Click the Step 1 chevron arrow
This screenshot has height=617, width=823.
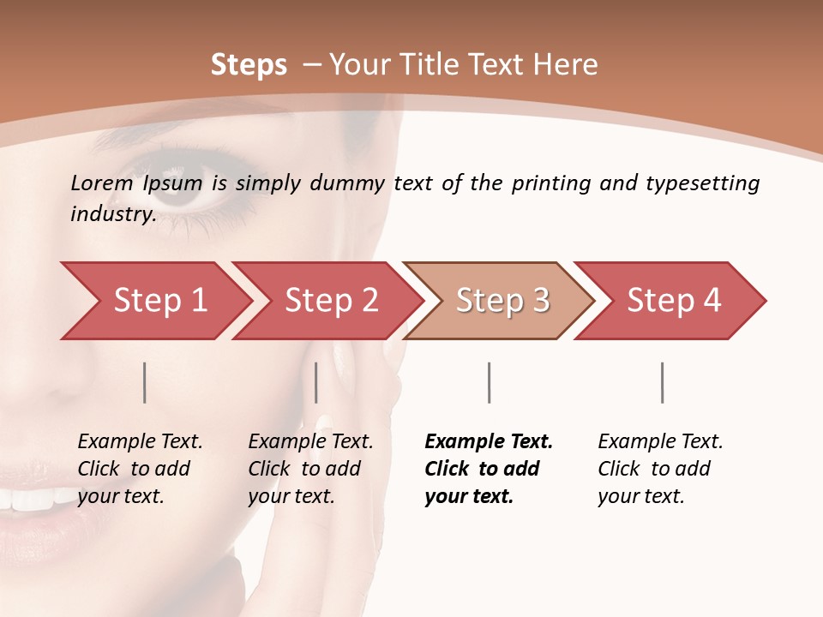[154, 301]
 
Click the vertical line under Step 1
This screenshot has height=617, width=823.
[145, 382]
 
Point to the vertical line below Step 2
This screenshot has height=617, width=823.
[316, 382]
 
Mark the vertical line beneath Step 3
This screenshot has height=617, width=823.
[489, 382]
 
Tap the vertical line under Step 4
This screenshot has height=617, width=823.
[662, 382]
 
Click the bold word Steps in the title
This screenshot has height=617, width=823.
[249, 65]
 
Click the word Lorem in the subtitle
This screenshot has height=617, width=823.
[101, 183]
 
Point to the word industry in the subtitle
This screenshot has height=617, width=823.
[112, 214]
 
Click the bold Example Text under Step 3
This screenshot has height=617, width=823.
[489, 442]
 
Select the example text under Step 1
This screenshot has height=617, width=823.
[140, 469]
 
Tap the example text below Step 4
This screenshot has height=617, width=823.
[660, 469]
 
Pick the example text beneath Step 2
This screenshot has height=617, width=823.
[310, 469]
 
